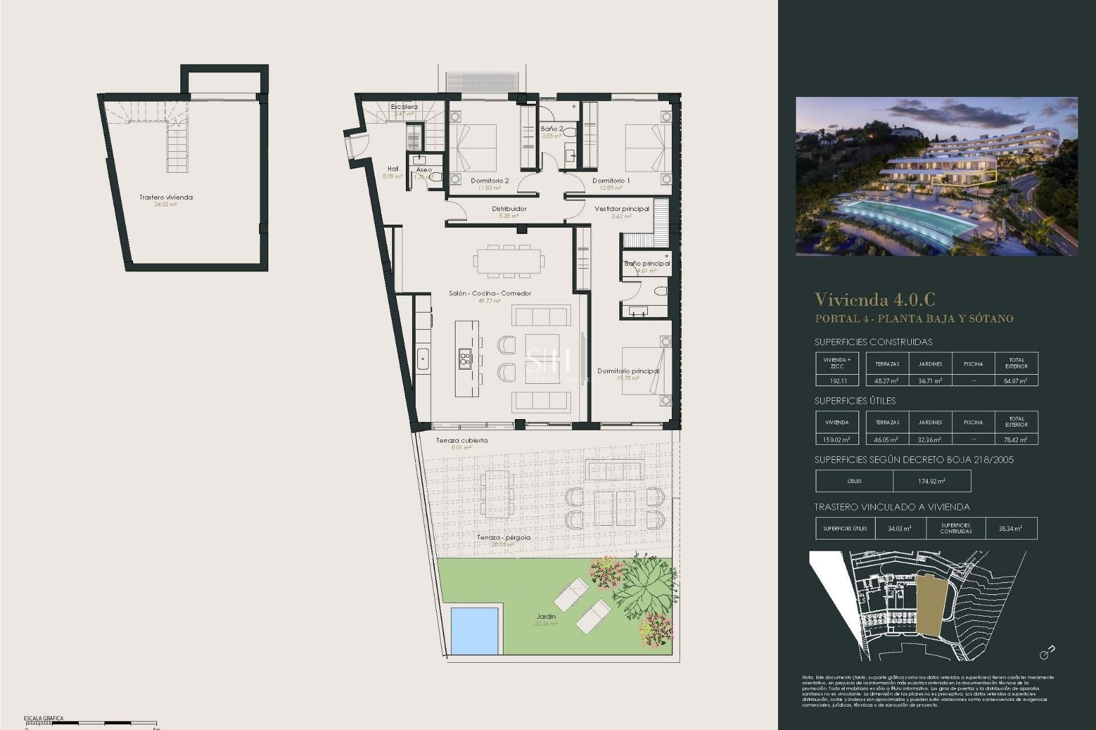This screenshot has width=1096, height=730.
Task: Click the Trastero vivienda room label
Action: [166, 197]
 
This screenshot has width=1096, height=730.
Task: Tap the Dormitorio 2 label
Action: [490, 181]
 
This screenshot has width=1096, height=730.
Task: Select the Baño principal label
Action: [647, 263]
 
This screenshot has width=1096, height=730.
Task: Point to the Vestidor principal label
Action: [622, 209]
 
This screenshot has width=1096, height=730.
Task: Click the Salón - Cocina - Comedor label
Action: [490, 293]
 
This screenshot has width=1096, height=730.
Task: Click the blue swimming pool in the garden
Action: [474, 630]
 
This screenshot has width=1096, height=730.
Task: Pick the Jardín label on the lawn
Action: [546, 617]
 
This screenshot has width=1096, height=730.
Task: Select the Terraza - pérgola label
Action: [503, 537]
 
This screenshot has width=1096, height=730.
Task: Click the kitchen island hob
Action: [465, 358]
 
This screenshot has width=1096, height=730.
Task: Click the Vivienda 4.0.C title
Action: [875, 299]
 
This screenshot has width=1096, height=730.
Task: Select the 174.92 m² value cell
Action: [932, 481]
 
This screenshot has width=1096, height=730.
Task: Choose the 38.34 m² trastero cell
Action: [1010, 529]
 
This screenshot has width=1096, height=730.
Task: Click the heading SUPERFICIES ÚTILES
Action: [855, 401]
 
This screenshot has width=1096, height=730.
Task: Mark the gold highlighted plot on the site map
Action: [932, 604]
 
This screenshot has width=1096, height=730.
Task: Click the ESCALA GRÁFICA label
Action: [43, 719]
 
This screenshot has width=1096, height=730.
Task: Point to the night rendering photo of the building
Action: [937, 176]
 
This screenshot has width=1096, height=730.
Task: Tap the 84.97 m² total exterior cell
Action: [1016, 380]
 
